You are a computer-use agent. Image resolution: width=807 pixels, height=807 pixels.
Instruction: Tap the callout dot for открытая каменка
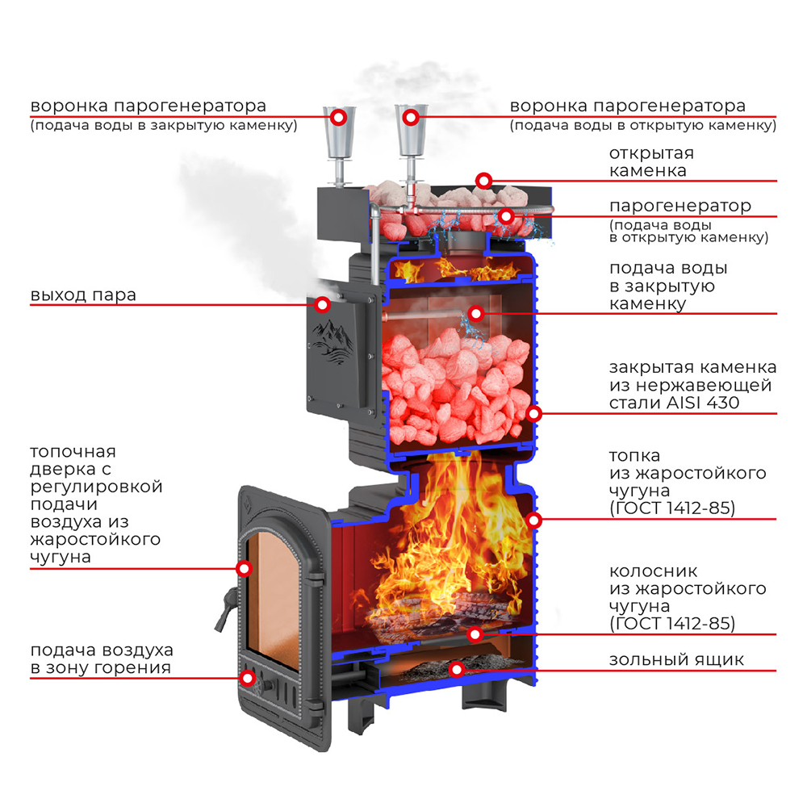click(483, 180)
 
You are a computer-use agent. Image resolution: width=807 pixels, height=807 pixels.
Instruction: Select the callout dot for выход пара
click(323, 304)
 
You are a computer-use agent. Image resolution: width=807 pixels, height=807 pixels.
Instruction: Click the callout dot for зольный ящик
click(457, 668)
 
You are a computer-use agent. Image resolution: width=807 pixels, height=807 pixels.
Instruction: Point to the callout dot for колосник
click(476, 633)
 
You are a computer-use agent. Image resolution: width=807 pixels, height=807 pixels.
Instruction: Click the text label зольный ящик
click(676, 660)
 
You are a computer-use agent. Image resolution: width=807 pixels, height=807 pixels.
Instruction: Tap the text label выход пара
click(83, 295)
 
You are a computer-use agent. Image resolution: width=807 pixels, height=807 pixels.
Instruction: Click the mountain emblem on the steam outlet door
click(333, 339)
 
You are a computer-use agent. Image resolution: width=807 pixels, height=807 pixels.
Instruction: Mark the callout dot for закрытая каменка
click(533, 413)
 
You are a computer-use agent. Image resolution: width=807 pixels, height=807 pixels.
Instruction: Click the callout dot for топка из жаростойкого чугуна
click(533, 519)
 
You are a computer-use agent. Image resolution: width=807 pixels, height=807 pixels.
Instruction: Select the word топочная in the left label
click(73, 451)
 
